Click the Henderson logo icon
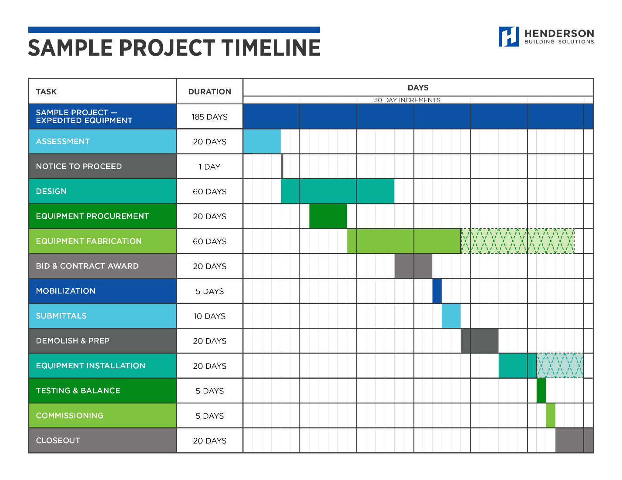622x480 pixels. (508, 37)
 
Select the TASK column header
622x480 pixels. (46, 92)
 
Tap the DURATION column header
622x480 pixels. (209, 92)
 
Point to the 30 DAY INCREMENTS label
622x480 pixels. (407, 100)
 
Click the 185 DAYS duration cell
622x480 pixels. (209, 117)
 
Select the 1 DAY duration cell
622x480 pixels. (209, 167)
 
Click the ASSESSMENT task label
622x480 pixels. (63, 142)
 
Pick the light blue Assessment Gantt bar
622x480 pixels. (262, 142)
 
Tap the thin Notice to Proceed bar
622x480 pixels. (282, 167)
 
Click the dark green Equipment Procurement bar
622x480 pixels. (328, 217)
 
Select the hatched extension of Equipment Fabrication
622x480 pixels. (518, 241)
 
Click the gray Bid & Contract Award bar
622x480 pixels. (413, 266)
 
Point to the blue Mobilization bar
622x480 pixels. (437, 291)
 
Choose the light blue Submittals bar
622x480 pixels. (451, 316)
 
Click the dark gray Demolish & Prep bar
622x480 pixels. (480, 341)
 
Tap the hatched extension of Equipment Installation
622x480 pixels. (560, 366)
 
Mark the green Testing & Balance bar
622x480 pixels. (541, 391)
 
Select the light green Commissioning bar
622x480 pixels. (551, 416)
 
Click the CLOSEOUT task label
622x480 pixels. (58, 440)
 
